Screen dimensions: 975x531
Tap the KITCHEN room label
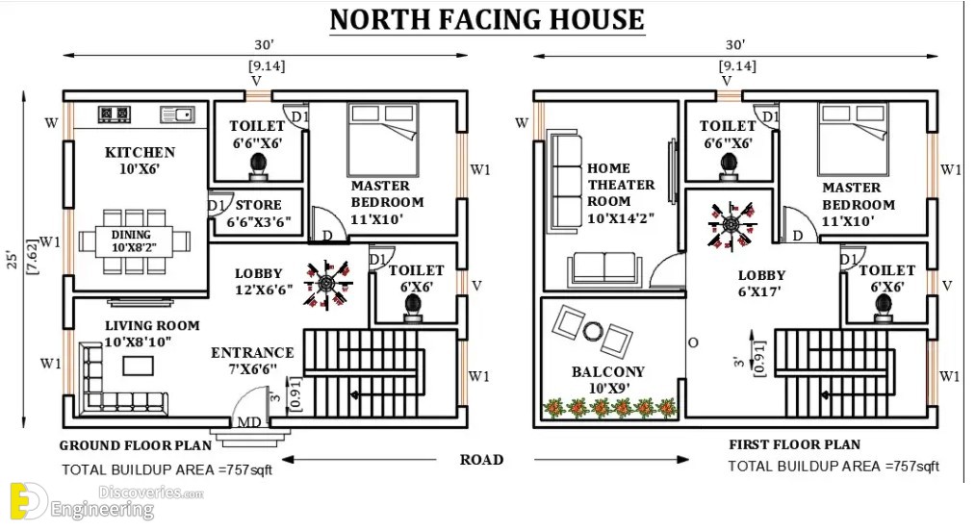[140, 152]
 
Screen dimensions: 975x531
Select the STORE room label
[259, 205]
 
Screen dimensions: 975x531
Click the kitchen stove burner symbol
[115, 114]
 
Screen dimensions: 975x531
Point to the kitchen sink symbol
[177, 114]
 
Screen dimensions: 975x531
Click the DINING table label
[131, 235]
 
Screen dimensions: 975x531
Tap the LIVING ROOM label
[152, 325]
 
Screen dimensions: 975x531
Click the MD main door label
[249, 423]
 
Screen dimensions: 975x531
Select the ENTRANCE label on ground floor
[252, 352]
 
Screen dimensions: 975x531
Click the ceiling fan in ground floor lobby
[327, 284]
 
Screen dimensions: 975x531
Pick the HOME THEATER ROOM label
[621, 186]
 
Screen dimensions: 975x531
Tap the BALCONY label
[607, 372]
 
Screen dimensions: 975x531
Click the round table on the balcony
[593, 331]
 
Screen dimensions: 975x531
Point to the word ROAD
[481, 460]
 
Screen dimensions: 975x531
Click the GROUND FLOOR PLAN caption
[136, 445]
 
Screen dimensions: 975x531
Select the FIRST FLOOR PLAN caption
[795, 444]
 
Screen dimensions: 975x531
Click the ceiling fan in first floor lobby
[732, 224]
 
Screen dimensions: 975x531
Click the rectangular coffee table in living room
[138, 366]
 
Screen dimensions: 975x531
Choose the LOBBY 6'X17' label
[761, 284]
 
